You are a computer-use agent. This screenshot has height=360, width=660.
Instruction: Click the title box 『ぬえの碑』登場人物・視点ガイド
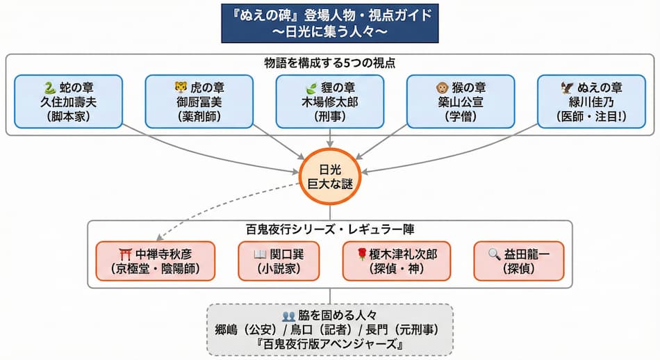[x=329, y=23]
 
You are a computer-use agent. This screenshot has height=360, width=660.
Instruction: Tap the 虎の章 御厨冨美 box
[x=199, y=101]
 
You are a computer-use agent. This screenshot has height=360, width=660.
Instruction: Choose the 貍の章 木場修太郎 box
[x=330, y=101]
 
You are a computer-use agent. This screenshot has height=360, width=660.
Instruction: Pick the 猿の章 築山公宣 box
[x=460, y=101]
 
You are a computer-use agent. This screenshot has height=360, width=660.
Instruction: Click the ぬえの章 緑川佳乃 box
[x=591, y=101]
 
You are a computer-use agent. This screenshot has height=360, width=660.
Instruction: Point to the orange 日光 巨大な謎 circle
[x=329, y=176]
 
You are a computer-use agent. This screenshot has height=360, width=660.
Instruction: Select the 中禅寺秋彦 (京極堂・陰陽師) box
[x=155, y=261]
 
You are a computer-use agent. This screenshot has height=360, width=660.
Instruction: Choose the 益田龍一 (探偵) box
[x=519, y=261]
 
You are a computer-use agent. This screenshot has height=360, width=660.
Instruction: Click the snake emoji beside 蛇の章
[x=49, y=88]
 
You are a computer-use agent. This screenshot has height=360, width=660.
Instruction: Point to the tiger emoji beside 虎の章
[x=180, y=88]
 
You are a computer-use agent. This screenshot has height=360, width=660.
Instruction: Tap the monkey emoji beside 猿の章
[x=441, y=88]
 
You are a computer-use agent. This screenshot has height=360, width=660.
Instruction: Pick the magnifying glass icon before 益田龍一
[x=494, y=254]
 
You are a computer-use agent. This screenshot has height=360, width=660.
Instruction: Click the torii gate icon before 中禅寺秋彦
[x=126, y=254]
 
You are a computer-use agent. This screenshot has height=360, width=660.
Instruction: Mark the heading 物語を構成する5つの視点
[x=329, y=63]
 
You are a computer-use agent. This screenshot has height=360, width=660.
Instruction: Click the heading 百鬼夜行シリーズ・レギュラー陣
[x=329, y=229]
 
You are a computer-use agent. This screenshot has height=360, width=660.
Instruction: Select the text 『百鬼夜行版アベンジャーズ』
[x=329, y=344]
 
